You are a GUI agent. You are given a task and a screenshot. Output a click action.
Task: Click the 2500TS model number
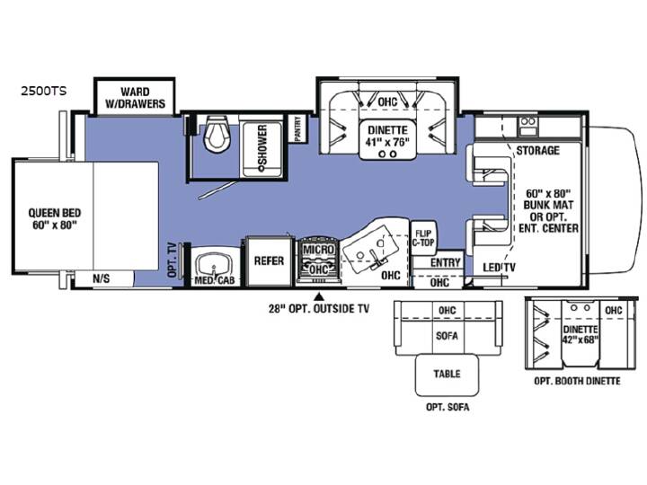[x=44, y=91]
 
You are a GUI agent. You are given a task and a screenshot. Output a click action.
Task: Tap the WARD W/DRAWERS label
[x=135, y=97]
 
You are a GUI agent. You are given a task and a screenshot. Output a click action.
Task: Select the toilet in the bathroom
[x=217, y=134]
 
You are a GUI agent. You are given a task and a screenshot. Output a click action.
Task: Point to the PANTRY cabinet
[x=298, y=129]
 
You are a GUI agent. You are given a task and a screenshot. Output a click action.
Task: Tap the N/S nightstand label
[x=101, y=278]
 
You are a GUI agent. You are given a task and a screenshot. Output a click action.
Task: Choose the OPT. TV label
[x=173, y=260]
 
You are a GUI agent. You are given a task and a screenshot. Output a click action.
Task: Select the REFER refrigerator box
[x=269, y=260]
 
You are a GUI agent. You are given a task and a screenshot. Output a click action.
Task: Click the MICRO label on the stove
[x=318, y=250]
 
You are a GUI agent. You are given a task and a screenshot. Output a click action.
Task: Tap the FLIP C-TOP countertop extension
[x=423, y=238]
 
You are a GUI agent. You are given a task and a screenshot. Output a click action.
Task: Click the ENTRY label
[x=445, y=262]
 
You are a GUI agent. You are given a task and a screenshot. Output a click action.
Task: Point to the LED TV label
[x=500, y=268]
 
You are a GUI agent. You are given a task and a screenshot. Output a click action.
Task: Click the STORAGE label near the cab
[x=537, y=150]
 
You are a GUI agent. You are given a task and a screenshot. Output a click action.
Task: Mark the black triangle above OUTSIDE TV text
[x=318, y=296]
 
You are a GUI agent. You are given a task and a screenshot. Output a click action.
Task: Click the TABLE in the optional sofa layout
[x=447, y=375]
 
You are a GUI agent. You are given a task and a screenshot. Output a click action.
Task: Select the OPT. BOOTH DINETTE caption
[x=577, y=381]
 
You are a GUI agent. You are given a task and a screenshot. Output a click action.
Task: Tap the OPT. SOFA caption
[x=448, y=407]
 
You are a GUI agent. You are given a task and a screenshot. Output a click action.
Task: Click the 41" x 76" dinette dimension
[x=387, y=142]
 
